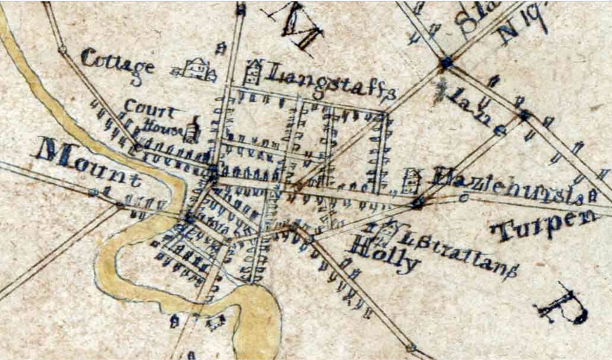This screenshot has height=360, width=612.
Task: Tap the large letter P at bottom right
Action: click(564, 306)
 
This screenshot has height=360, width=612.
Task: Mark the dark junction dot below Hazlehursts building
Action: click(417, 204)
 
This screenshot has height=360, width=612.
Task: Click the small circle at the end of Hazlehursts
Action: click(465, 197)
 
